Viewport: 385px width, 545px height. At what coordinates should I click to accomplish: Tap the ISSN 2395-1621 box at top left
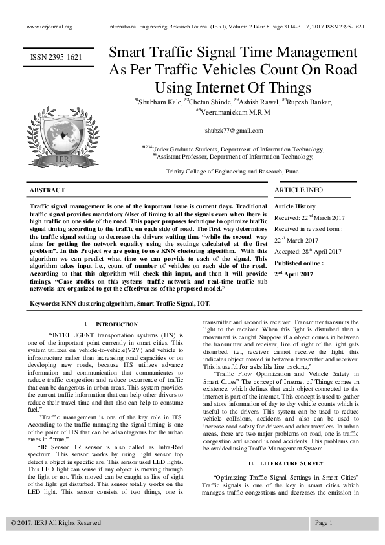pyautogui.click(x=56, y=58)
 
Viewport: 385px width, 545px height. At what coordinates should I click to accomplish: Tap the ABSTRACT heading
pyautogui.click(x=47, y=190)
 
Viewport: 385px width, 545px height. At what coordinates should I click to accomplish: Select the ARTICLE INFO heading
pyautogui.click(x=298, y=190)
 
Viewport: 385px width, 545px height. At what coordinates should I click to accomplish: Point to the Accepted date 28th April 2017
pyautogui.click(x=311, y=251)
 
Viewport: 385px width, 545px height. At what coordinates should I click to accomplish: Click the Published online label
pyautogui.click(x=300, y=263)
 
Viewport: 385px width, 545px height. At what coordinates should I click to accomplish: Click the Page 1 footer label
pyautogui.click(x=324, y=522)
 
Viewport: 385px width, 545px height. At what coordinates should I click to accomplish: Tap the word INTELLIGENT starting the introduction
pyautogui.click(x=71, y=335)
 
